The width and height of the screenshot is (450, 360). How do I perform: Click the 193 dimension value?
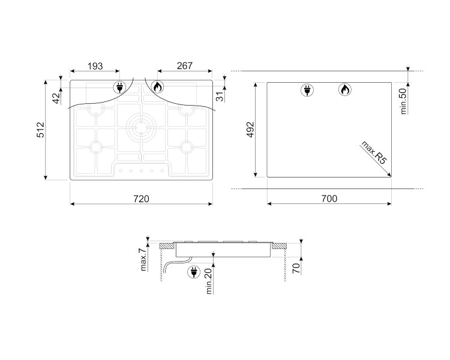pyautogui.click(x=95, y=66)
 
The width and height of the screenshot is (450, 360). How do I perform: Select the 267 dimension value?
pyautogui.click(x=185, y=66)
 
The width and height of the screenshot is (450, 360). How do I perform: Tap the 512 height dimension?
pyautogui.click(x=40, y=130)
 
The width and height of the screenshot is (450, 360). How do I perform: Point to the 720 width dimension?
pyautogui.click(x=141, y=199)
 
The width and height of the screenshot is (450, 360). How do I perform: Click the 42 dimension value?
pyautogui.click(x=57, y=98)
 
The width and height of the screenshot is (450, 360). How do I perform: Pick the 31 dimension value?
pyautogui.click(x=220, y=97)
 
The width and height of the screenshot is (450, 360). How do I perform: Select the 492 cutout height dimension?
pyautogui.click(x=251, y=130)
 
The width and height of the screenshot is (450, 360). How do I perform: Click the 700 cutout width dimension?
pyautogui.click(x=329, y=199)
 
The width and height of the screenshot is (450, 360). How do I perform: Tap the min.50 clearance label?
pyautogui.click(x=403, y=101)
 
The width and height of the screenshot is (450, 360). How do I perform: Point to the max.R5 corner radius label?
pyautogui.click(x=373, y=153)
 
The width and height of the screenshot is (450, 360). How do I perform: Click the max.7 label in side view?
pyautogui.click(x=143, y=260)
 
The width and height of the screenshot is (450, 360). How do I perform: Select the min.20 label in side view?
pyautogui.click(x=209, y=281)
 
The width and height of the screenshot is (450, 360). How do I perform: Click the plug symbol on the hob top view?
pyautogui.click(x=119, y=87)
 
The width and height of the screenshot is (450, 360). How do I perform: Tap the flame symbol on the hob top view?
pyautogui.click(x=157, y=86)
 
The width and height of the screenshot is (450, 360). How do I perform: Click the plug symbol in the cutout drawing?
pyautogui.click(x=307, y=90)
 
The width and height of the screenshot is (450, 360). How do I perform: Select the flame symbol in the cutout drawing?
pyautogui.click(x=344, y=90)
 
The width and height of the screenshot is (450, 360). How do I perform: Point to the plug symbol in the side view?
pyautogui.click(x=194, y=272)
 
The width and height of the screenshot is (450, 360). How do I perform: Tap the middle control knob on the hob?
pyautogui.click(x=141, y=171)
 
